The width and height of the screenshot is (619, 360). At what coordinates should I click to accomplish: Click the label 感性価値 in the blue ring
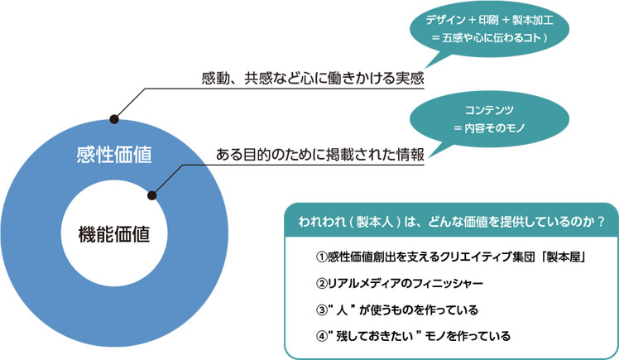click(x=113, y=155)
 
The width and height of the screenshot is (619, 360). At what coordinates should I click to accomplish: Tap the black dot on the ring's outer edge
click(x=113, y=119)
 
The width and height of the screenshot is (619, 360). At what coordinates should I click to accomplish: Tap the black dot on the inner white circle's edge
click(x=152, y=195)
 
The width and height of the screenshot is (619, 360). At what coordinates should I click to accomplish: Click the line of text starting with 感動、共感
click(x=312, y=79)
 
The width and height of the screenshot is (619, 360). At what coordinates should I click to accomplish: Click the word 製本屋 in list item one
click(x=563, y=257)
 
